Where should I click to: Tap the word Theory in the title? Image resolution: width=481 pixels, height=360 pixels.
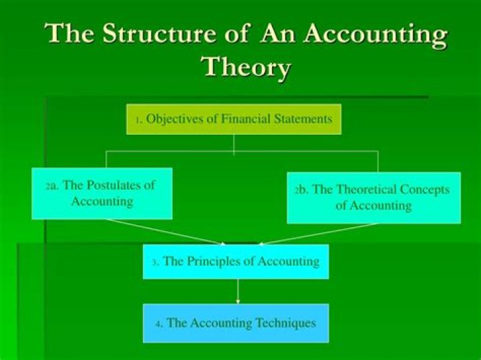point(247,67)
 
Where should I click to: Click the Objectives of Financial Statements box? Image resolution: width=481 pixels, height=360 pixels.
point(234,120)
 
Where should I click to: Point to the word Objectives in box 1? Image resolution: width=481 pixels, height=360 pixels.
point(176,120)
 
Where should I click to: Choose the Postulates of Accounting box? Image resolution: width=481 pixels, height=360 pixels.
point(102,193)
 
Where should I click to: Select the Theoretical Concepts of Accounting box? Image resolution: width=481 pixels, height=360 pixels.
point(373,198)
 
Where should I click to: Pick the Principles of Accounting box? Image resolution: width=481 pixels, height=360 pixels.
point(236,262)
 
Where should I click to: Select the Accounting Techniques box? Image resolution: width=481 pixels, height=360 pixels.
point(236,323)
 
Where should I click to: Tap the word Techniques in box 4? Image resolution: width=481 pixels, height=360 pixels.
point(282,323)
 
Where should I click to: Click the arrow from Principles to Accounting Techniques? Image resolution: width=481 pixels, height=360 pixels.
point(238,291)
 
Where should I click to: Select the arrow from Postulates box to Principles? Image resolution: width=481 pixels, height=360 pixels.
point(164,231)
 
